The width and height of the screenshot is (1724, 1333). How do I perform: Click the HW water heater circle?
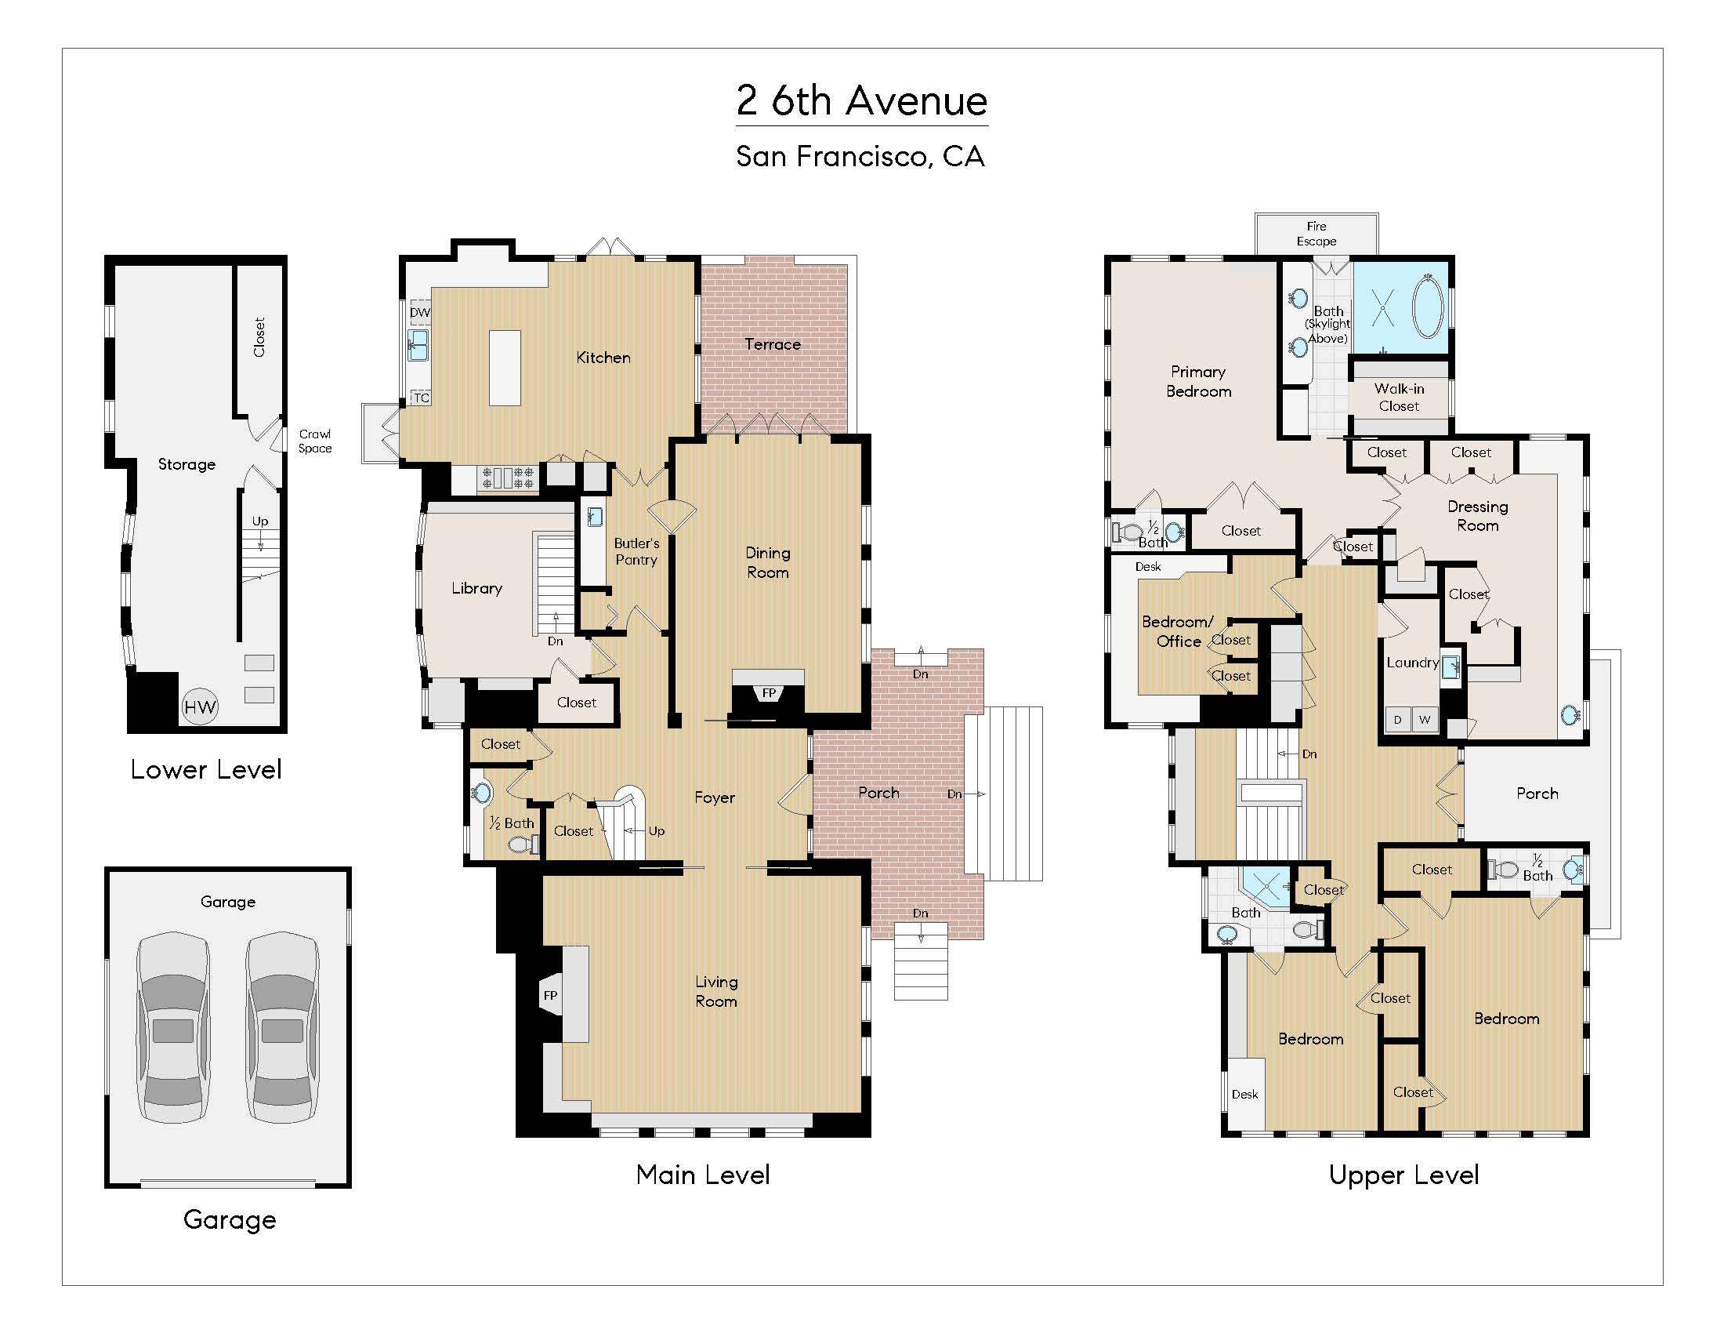[200, 706]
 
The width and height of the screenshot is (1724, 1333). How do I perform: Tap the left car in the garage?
[173, 1027]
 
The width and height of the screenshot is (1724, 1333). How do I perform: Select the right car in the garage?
[282, 1027]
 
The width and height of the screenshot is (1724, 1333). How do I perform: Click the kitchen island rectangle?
[505, 368]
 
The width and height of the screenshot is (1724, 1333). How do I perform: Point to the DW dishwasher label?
[420, 313]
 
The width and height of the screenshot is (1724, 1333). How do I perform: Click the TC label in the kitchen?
[422, 398]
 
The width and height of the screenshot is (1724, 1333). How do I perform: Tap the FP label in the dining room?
[769, 693]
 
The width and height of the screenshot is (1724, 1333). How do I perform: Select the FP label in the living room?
[550, 996]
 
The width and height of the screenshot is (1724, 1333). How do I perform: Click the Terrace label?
[772, 344]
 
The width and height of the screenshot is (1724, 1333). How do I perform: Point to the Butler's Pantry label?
[636, 551]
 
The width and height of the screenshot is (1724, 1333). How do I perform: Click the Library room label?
[476, 588]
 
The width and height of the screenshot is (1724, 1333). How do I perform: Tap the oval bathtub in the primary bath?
[1428, 307]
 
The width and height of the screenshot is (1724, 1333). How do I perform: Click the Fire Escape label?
[1316, 234]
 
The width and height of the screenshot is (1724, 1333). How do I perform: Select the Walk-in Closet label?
[1399, 398]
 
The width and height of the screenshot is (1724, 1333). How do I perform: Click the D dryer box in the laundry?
[1398, 719]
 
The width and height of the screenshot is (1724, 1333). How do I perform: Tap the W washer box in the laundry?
[1425, 719]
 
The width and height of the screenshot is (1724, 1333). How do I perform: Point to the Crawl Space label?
[315, 441]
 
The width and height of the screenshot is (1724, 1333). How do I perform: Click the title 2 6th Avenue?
[861, 101]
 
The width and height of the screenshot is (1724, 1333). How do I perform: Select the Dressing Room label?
[1478, 516]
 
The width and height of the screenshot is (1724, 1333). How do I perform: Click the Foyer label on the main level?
[715, 797]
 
